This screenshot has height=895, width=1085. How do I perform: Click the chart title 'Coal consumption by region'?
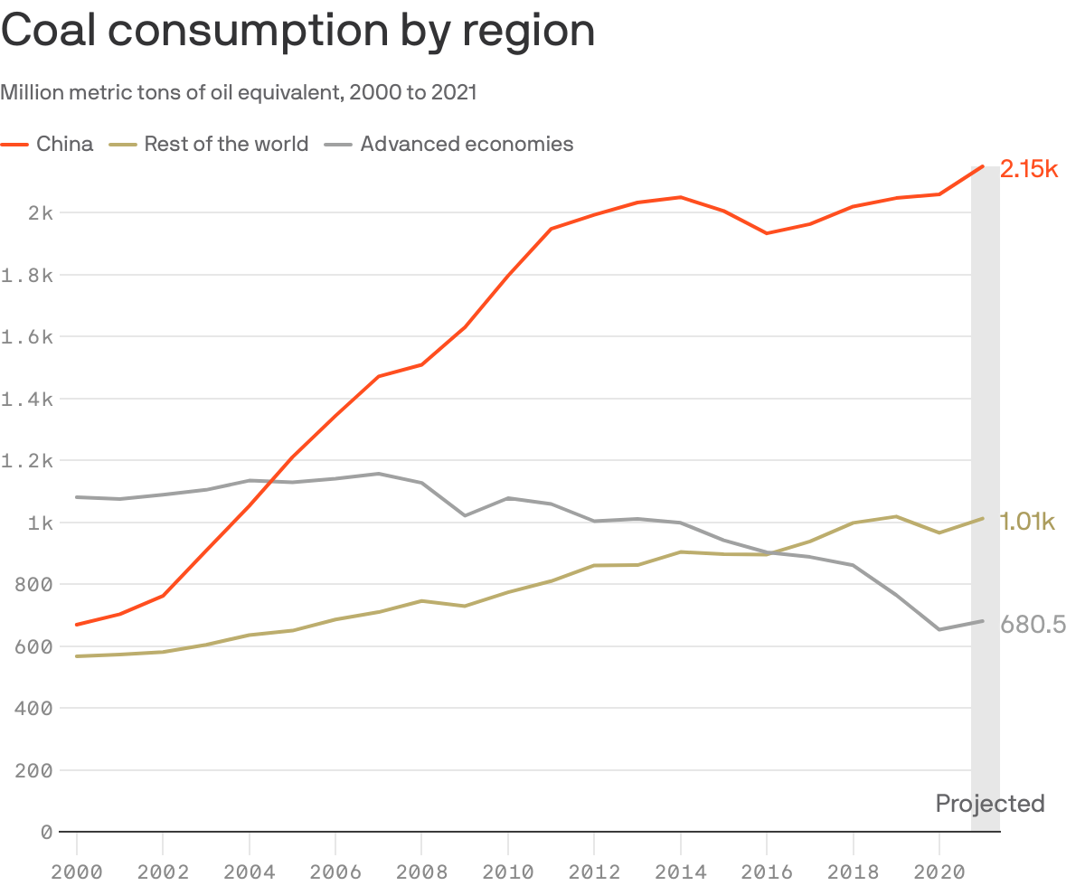point(298,32)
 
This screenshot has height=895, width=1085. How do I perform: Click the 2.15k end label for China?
point(1029,169)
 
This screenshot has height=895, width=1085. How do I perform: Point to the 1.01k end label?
point(1027,521)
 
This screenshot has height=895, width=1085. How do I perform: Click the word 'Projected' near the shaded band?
point(990,804)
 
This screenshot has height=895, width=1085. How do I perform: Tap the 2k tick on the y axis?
point(41,213)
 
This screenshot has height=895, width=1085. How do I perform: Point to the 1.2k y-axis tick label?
point(29,461)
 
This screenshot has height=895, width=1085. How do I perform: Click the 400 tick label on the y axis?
point(34,709)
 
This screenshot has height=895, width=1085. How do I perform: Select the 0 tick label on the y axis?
point(46,832)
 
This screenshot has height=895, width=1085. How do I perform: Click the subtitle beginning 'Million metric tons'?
point(239,92)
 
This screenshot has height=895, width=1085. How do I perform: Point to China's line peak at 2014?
point(680,197)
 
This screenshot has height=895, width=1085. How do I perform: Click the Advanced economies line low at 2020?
point(939,629)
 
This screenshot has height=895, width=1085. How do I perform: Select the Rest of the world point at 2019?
point(896,516)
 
